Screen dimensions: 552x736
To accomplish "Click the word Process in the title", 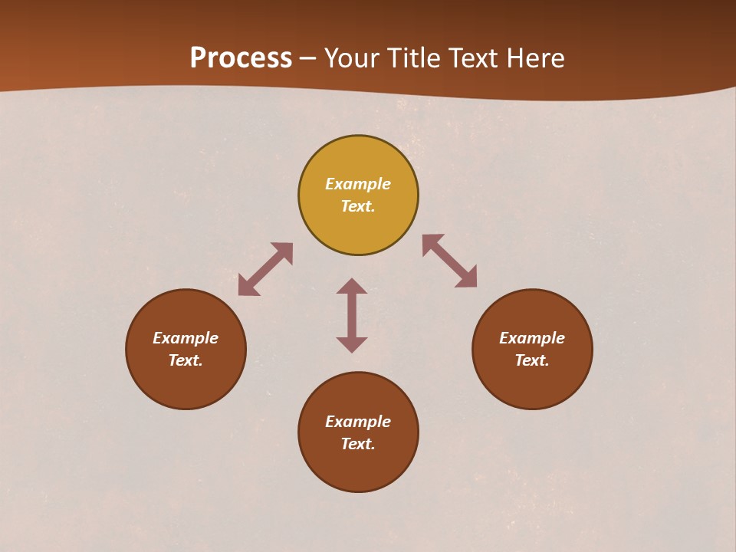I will pos(241,58).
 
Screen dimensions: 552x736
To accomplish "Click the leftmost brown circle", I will pos(186,383).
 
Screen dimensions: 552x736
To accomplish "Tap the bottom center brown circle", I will pos(358,468).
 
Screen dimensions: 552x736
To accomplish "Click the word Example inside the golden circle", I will pos(358,184).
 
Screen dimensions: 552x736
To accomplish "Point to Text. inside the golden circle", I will pos(358,206).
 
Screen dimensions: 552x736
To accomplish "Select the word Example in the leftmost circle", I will pos(186,338).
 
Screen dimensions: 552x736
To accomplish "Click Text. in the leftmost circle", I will pos(186,360).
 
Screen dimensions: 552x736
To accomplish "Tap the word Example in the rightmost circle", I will pos(532,338).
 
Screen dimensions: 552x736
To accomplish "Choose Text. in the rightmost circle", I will pos(532,360).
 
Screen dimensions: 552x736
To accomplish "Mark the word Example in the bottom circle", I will pos(358,422).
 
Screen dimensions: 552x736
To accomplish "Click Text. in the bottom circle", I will pos(358,444).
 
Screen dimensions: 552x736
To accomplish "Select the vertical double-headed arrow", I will pos(352,315).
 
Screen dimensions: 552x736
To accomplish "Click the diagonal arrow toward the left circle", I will pos(265,269).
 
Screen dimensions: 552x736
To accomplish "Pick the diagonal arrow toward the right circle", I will pos(449,261).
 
